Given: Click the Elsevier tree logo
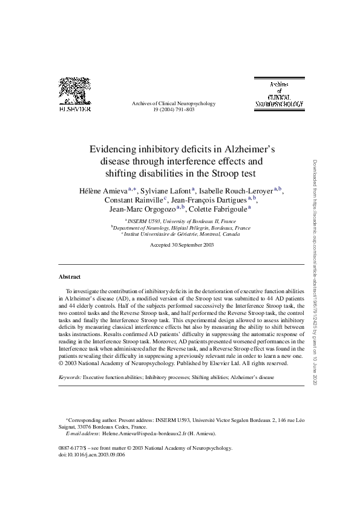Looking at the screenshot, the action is [73, 91].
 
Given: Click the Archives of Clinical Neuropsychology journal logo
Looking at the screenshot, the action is [279, 94].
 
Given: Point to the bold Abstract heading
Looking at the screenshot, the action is [70, 276].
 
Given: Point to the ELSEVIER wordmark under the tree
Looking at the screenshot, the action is [73, 110].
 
